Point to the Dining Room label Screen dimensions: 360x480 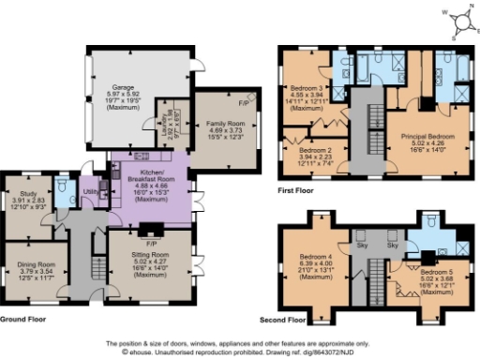pyautogui.click(x=34, y=265)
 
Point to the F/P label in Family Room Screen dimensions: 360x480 pyautogui.click(x=243, y=100)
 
